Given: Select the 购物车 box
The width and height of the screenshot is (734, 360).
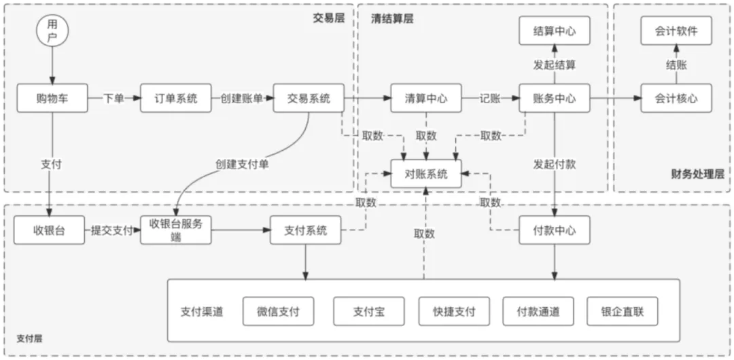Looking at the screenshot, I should tap(52, 98).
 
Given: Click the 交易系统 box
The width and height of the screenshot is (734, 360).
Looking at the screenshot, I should tap(308, 98).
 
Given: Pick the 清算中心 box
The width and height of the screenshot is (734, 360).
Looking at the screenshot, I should tap(426, 98).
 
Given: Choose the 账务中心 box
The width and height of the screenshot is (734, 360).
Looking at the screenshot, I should tap(554, 98).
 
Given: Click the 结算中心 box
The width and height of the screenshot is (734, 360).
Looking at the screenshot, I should tap(554, 31).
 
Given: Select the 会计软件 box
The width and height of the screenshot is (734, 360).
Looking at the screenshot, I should tap(676, 31).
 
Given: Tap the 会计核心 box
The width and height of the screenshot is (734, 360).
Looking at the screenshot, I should tap(676, 98).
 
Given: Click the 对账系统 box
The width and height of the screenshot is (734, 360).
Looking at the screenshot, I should tap(426, 174).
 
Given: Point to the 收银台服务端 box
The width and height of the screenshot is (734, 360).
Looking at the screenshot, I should tap(176, 230).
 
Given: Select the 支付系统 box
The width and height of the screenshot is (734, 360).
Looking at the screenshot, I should tap(305, 230).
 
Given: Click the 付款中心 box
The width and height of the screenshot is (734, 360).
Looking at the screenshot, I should tap(554, 230).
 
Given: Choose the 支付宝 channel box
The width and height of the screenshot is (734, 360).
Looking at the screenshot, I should tap(368, 312).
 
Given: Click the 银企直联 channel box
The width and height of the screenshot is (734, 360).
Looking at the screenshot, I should tap(623, 312).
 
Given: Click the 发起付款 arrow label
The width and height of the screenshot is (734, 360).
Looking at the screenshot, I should tap(554, 165).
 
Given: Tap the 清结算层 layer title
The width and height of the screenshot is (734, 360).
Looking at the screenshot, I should tap(391, 19).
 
